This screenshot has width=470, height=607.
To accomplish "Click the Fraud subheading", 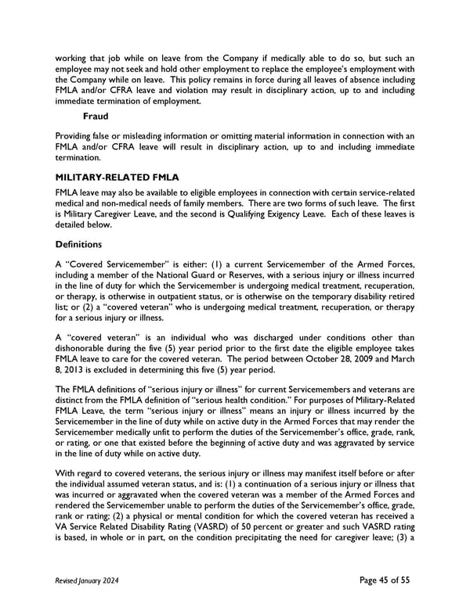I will [x=96, y=117].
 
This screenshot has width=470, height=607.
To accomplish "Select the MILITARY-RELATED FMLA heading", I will [x=117, y=178].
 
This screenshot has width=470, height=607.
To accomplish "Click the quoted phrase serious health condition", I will [x=224, y=401].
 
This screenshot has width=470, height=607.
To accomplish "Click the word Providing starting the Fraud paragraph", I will [x=76, y=136].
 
